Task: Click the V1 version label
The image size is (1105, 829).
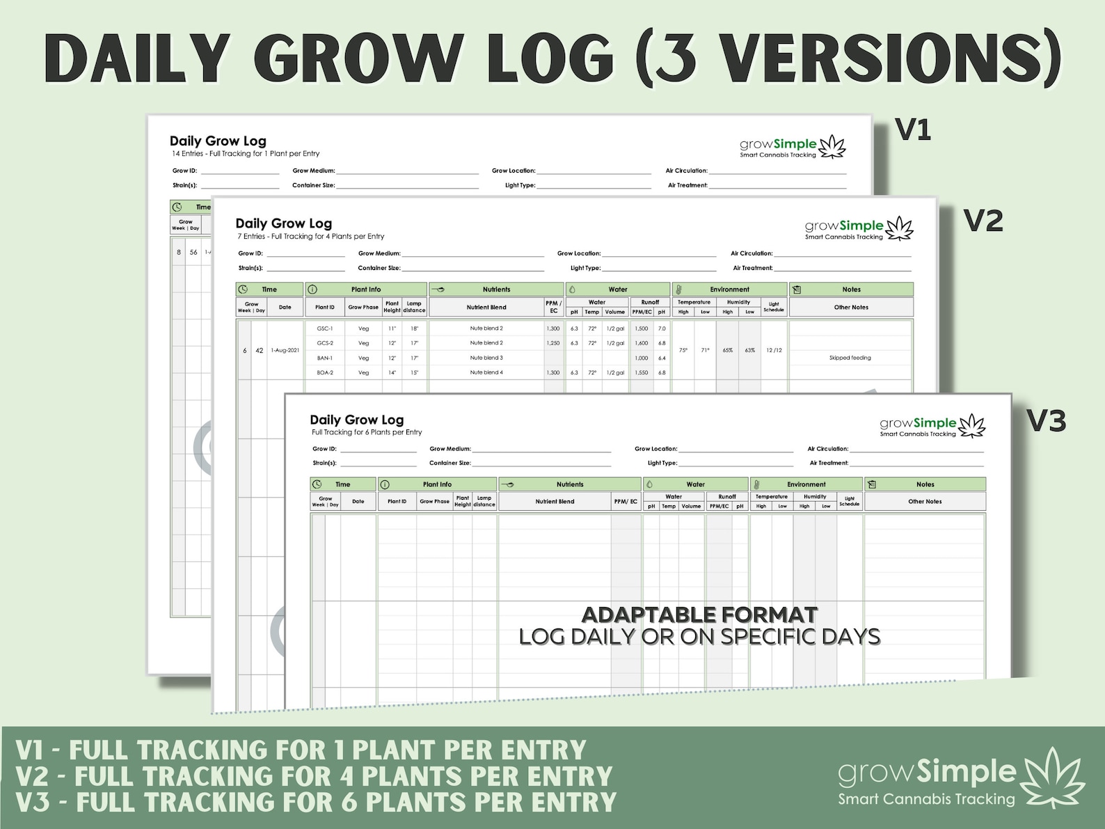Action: point(912,130)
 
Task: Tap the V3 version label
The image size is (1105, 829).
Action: point(1046,421)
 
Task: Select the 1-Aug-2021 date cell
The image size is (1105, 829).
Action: point(285,350)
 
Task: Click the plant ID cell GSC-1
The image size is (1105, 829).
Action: point(325,329)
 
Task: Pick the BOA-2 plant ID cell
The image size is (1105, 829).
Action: point(325,372)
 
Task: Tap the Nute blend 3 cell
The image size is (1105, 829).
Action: point(486,358)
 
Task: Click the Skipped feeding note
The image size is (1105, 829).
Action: point(850,358)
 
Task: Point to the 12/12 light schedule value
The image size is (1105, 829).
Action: point(774,350)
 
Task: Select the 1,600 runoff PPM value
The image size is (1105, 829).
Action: point(642,343)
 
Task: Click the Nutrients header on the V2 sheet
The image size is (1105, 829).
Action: point(496,290)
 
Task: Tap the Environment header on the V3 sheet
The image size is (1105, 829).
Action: point(806,484)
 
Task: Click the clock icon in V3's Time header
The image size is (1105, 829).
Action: point(317,484)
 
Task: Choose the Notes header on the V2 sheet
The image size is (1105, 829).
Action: point(851,290)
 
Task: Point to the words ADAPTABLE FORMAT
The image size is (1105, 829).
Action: point(699,615)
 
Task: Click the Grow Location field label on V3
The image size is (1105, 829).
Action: point(655,449)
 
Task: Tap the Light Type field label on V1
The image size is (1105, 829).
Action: point(520,185)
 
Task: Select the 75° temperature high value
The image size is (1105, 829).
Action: point(683,350)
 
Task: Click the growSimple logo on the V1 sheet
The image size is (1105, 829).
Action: point(792,147)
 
